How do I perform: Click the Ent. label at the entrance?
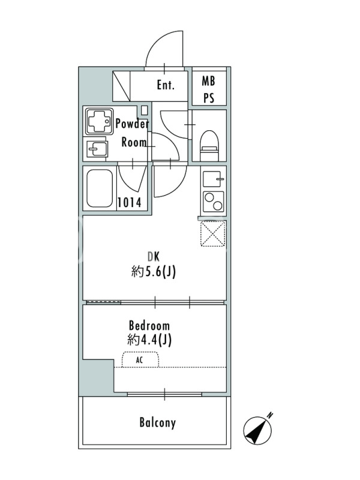pyautogui.click(x=166, y=85)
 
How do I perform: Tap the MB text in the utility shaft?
pyautogui.click(x=208, y=81)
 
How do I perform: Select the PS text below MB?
pyautogui.click(x=209, y=98)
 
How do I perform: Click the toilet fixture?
pyautogui.click(x=209, y=145)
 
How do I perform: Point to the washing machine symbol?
pyautogui.click(x=99, y=121)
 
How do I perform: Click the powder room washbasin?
pyautogui.click(x=97, y=149)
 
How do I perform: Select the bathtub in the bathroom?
pyautogui.click(x=100, y=188)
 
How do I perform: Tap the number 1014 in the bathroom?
pyautogui.click(x=130, y=202)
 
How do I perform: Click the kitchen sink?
pyautogui.click(x=212, y=179)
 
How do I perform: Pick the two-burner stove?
pyautogui.click(x=214, y=202)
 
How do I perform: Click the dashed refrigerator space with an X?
pyautogui.click(x=213, y=233)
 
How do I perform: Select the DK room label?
pyautogui.click(x=154, y=257)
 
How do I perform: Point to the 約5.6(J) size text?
pyautogui.click(x=154, y=272)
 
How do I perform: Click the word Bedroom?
pyautogui.click(x=149, y=325)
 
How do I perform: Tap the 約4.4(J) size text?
pyautogui.click(x=149, y=340)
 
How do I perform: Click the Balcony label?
pyautogui.click(x=158, y=422)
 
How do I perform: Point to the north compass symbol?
pyautogui.click(x=258, y=429)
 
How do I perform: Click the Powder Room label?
pyautogui.click(x=133, y=133)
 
